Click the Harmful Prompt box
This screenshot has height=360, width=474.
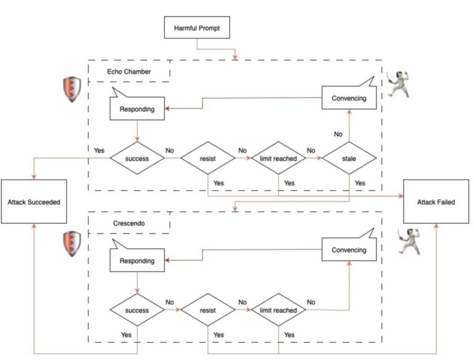(x=196, y=28)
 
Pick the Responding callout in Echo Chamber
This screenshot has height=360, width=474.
(x=137, y=109)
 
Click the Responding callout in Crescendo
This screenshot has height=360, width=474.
(x=137, y=261)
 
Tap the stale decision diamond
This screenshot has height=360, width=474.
(x=349, y=159)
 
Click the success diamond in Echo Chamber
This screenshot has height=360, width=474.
(x=137, y=159)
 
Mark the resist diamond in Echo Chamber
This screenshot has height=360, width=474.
(x=208, y=159)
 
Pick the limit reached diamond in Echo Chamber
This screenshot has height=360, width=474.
(x=278, y=159)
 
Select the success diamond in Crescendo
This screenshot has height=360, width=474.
(x=137, y=311)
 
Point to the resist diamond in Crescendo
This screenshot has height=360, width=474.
(x=208, y=311)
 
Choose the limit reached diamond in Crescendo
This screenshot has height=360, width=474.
(x=278, y=311)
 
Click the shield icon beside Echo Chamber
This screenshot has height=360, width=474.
(x=72, y=90)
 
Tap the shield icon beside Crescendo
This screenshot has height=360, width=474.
(x=72, y=243)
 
